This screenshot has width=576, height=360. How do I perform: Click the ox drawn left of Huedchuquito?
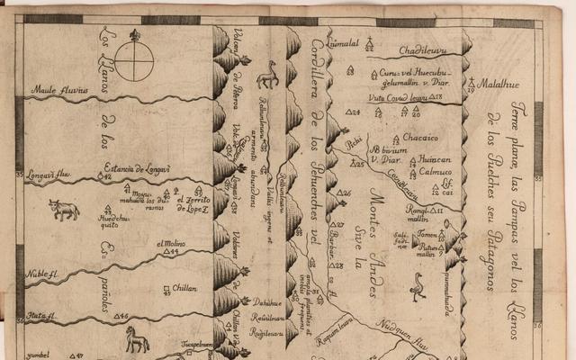click(64, 210)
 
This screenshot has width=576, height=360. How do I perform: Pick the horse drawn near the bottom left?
click(137, 340)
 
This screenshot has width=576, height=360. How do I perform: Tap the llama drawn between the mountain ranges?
click(267, 75)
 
